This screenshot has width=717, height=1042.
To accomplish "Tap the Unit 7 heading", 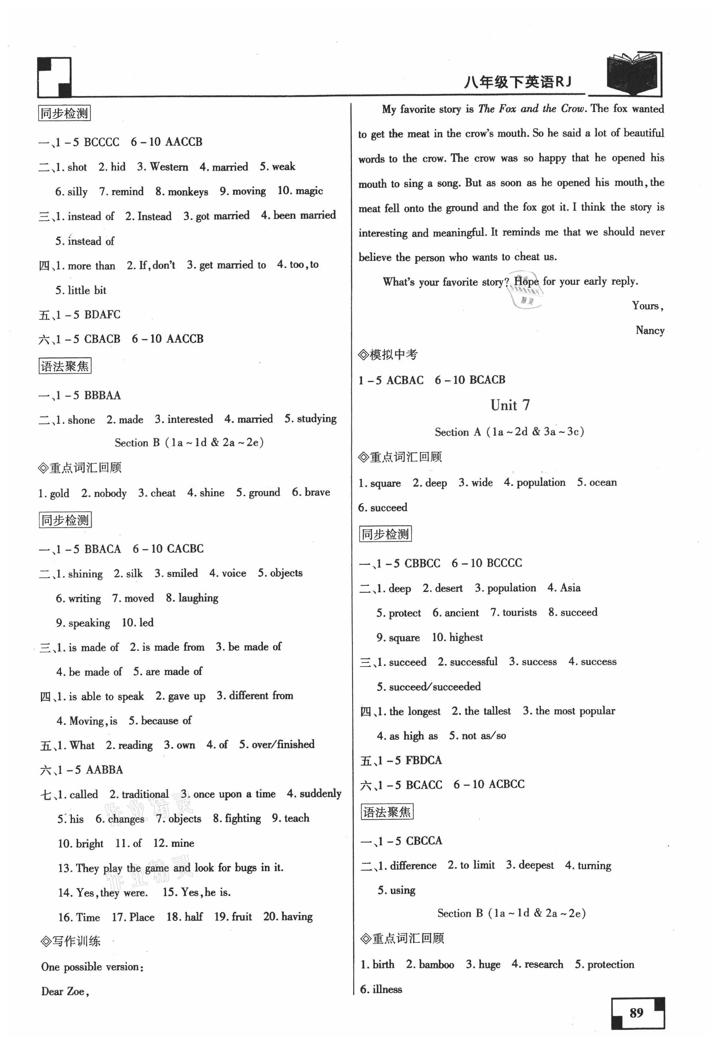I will (x=510, y=405).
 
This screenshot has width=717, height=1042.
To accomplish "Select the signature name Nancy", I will (x=650, y=331).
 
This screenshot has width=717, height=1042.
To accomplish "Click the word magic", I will (x=309, y=191).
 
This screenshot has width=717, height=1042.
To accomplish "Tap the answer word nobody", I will (x=110, y=493).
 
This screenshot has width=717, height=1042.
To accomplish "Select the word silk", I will (x=134, y=574).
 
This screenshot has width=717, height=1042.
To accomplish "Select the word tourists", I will (x=519, y=613).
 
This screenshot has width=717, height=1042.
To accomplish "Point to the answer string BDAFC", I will (x=102, y=315).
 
